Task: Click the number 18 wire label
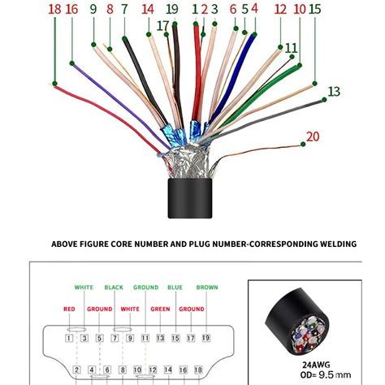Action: (54, 10)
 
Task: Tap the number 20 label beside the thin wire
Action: (313, 137)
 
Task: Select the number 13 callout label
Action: (334, 91)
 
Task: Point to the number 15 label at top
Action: (314, 10)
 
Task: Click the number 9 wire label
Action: (93, 10)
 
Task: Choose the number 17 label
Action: (163, 26)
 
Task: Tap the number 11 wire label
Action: (292, 49)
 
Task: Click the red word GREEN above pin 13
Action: (160, 309)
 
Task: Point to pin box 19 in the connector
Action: (205, 337)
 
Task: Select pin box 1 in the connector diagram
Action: (69, 337)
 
